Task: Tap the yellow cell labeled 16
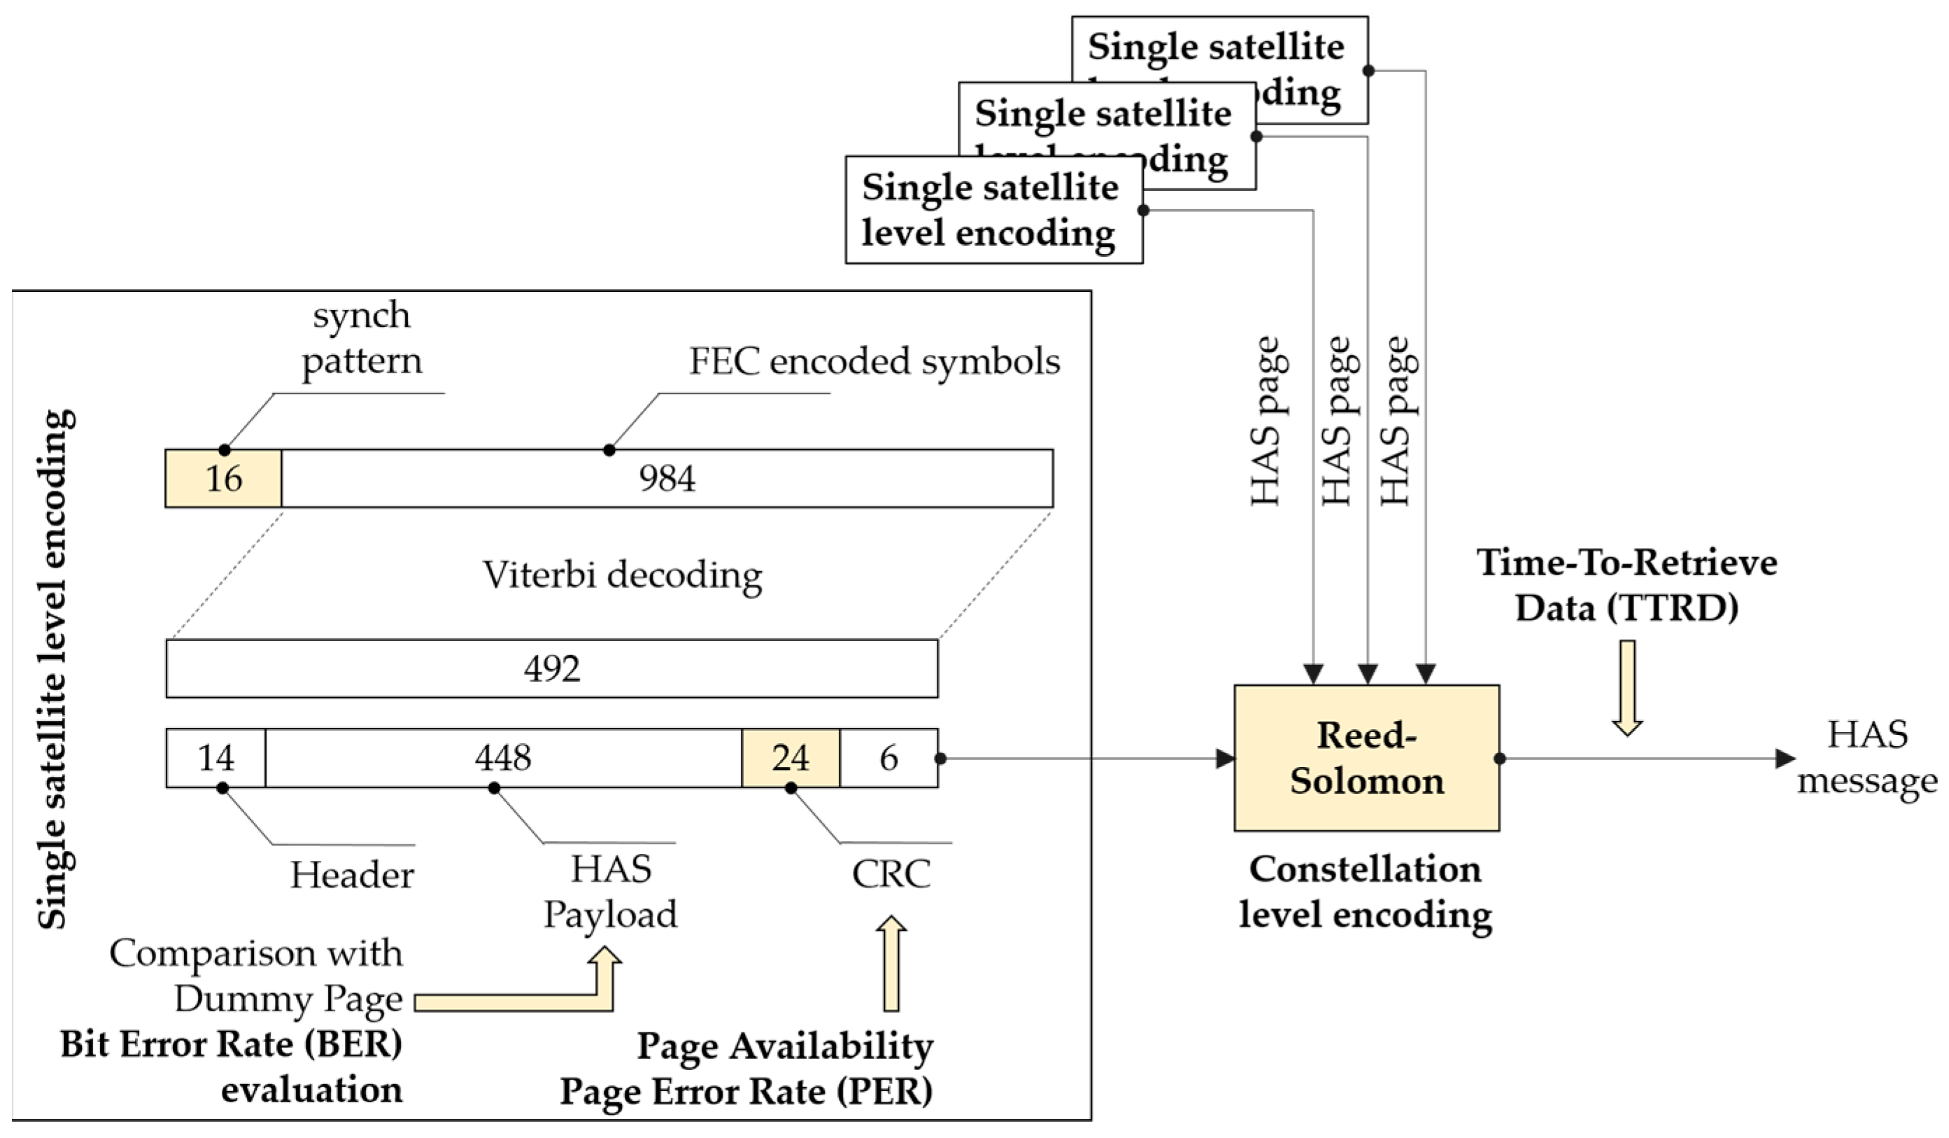(x=224, y=478)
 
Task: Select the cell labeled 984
(x=667, y=478)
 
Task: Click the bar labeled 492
(x=551, y=668)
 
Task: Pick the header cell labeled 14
(x=215, y=758)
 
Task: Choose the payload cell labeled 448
(x=504, y=758)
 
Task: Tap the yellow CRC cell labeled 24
(x=791, y=758)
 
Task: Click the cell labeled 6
(x=888, y=758)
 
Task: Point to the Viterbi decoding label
(x=623, y=575)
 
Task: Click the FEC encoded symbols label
(x=874, y=361)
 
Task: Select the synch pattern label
(x=362, y=338)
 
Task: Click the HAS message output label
(x=1866, y=757)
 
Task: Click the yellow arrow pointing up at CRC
(x=892, y=963)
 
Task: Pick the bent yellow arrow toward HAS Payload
(x=541, y=1002)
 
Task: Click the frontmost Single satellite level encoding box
(x=993, y=211)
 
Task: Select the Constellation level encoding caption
(x=1365, y=892)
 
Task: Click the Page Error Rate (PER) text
(x=746, y=1092)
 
